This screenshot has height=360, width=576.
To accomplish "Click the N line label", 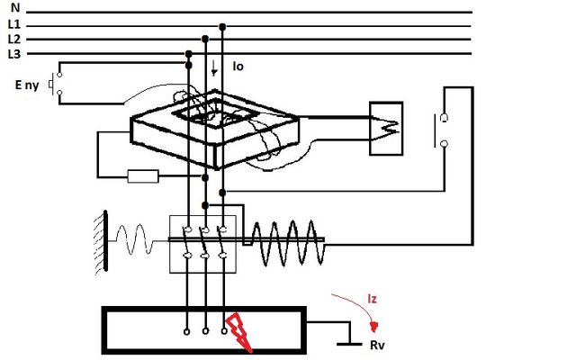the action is (x=15, y=7).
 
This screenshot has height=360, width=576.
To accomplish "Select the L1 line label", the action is (x=14, y=24).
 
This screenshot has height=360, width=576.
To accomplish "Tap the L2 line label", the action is (x=14, y=39).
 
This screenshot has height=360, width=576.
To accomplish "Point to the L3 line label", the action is (x=14, y=54).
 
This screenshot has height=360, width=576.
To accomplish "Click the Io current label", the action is (x=238, y=67).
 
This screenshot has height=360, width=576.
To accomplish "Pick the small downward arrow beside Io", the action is (x=214, y=68).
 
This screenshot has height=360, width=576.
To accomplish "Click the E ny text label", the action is (x=27, y=85).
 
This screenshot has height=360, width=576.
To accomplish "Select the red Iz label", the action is (x=372, y=299).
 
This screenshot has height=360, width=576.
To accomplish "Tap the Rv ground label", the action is (x=377, y=346).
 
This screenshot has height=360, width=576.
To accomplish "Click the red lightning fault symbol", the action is (x=238, y=332).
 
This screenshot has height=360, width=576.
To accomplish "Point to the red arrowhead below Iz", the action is (x=374, y=326).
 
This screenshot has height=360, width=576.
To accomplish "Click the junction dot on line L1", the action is (x=222, y=27).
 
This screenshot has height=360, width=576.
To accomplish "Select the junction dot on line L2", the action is (x=205, y=39).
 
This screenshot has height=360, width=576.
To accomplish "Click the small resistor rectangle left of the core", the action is (x=143, y=176).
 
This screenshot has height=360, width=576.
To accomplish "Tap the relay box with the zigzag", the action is (x=386, y=129).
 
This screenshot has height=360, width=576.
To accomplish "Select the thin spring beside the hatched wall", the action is (x=134, y=239).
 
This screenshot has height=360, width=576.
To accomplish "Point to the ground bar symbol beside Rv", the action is (x=349, y=344).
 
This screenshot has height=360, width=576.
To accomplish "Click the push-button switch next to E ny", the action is (x=55, y=84).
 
